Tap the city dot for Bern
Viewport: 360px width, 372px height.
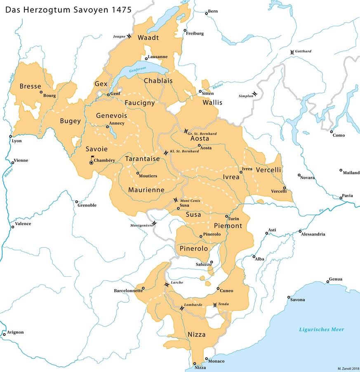tap(207, 14)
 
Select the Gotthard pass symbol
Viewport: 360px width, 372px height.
tap(292, 51)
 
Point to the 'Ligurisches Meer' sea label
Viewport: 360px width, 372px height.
tap(322, 329)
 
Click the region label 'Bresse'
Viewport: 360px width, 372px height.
tap(30, 87)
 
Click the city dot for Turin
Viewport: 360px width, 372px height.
tap(226, 216)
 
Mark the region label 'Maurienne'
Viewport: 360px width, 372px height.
tap(146, 190)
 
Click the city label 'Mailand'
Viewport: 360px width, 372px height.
tap(351, 173)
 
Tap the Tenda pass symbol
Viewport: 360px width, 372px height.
tap(214, 305)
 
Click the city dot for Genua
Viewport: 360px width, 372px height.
tap(329, 282)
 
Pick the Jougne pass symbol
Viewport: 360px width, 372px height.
tap(129, 36)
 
